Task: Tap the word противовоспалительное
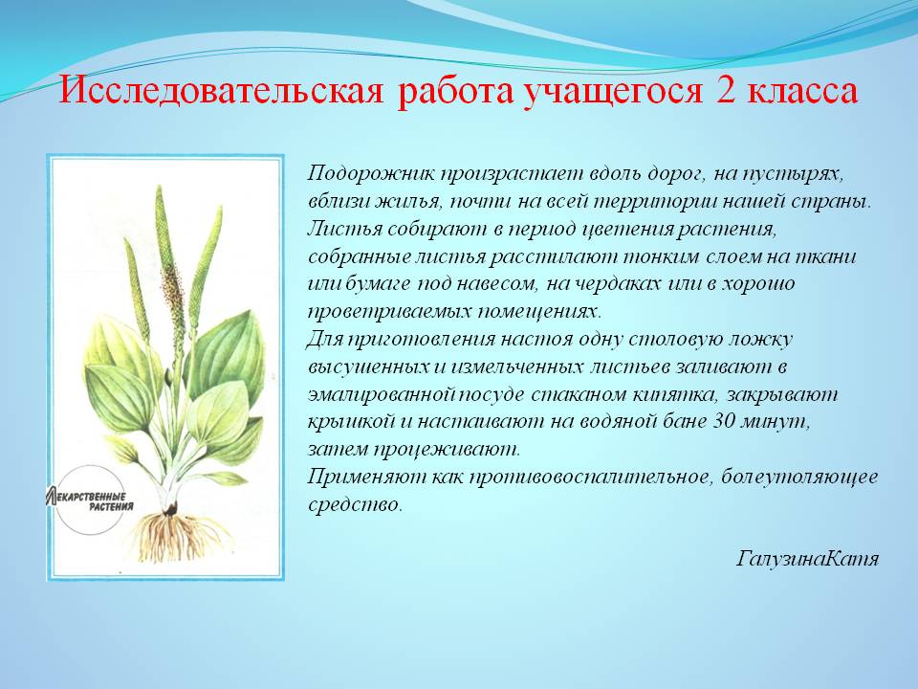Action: [x=585, y=477]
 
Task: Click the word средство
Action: [x=355, y=504]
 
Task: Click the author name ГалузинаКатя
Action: [x=807, y=558]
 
